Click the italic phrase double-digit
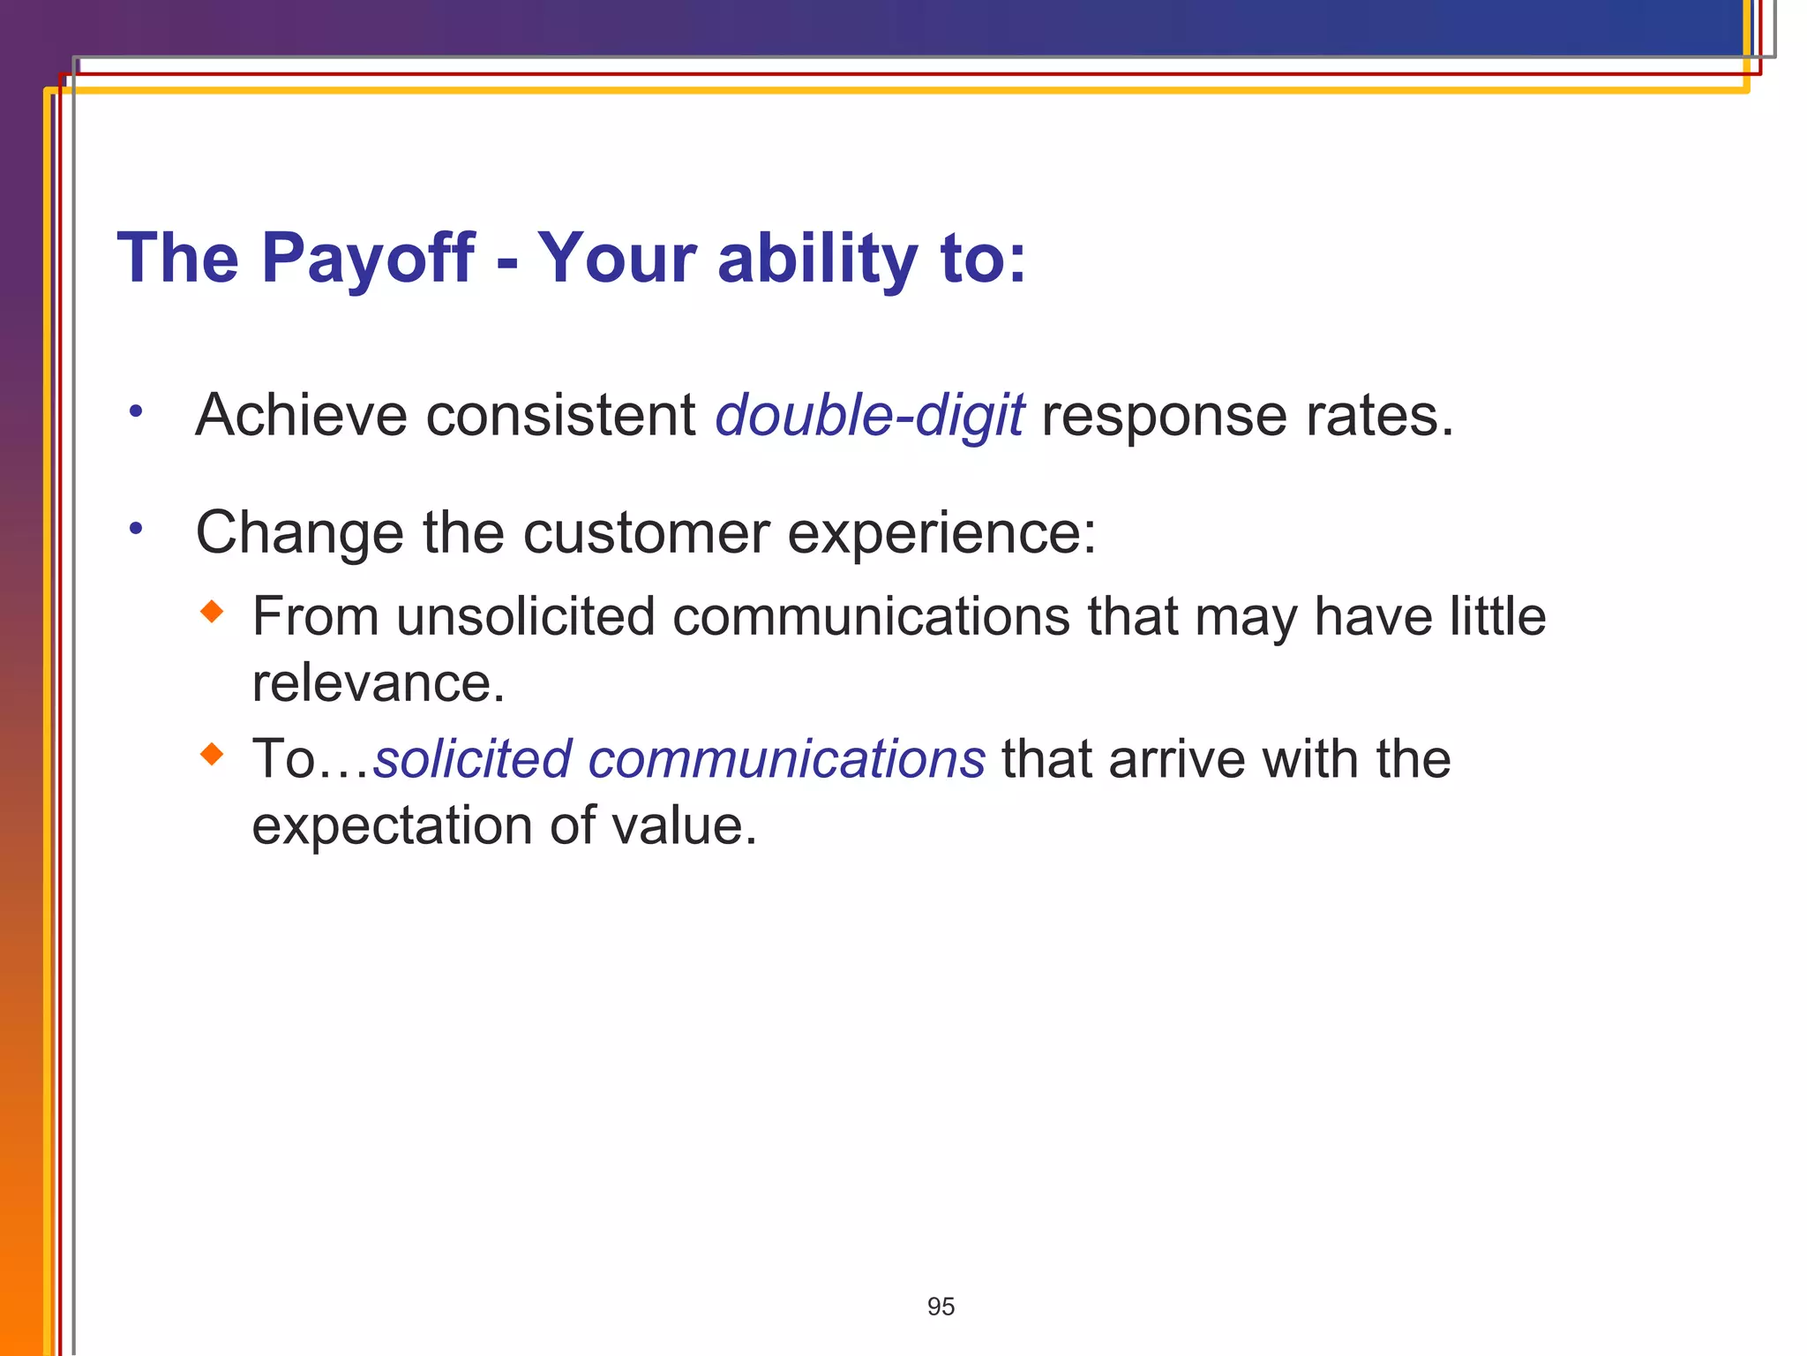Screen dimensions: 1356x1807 [869, 415]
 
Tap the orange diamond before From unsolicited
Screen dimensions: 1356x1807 [212, 611]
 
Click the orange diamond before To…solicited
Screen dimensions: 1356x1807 [212, 754]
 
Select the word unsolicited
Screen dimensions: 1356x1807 [525, 616]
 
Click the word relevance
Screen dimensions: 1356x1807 [378, 682]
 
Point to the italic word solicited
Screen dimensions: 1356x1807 [472, 758]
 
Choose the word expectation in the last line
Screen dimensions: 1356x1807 [392, 825]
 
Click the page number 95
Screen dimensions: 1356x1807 [941, 1307]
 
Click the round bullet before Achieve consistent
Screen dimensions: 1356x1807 [135, 411]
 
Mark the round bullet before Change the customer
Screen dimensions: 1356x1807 [135, 529]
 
